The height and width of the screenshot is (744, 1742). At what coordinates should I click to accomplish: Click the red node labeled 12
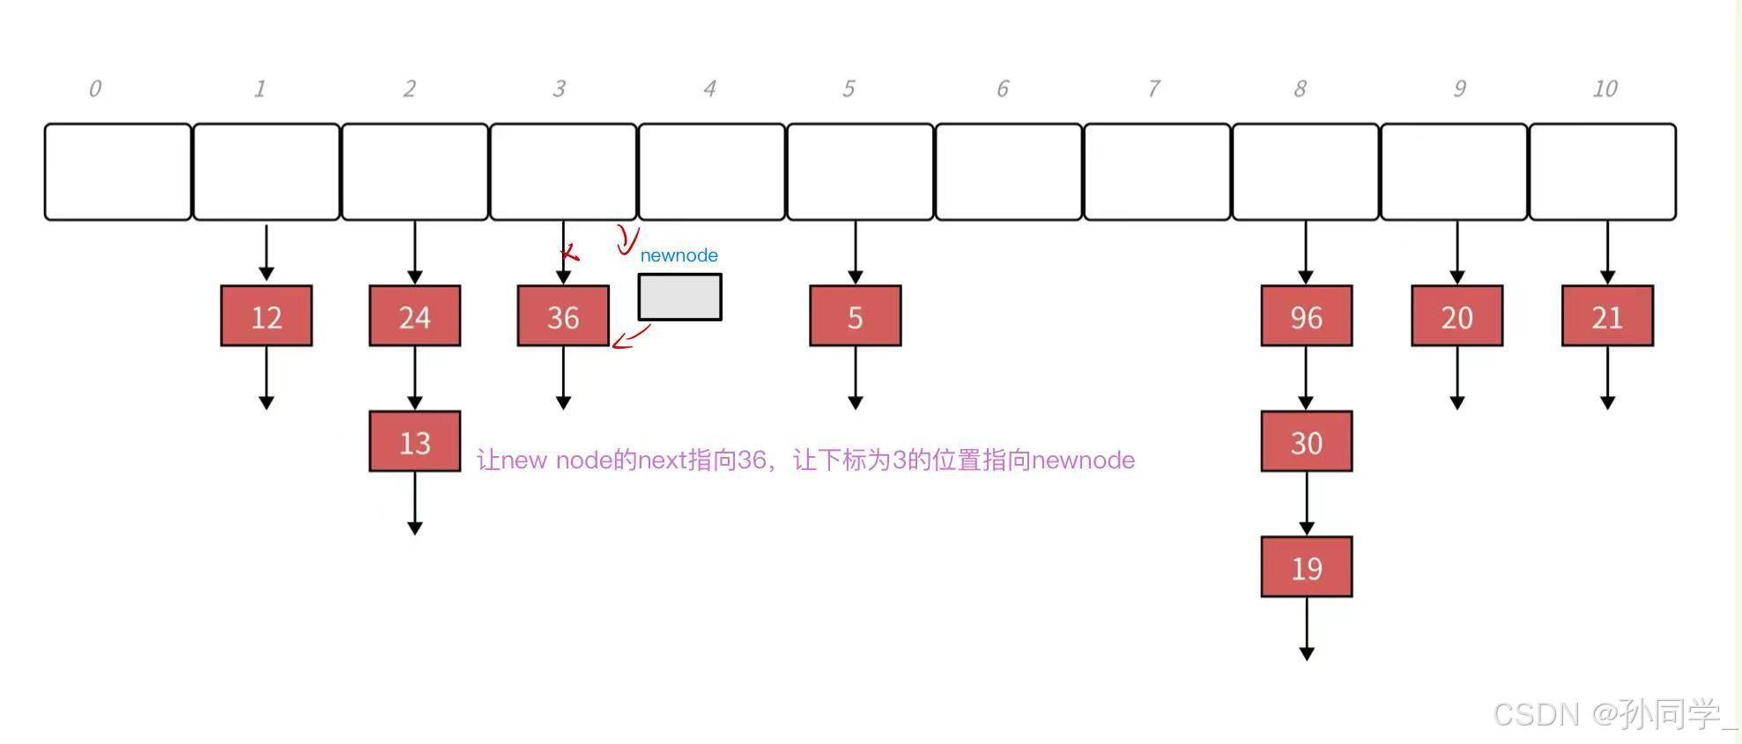click(266, 316)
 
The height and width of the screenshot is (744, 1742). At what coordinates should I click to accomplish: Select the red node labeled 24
click(415, 316)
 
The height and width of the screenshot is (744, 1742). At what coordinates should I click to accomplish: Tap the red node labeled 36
click(563, 316)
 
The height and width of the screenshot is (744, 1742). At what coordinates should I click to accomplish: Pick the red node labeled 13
click(415, 442)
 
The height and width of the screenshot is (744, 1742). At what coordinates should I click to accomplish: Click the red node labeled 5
click(856, 316)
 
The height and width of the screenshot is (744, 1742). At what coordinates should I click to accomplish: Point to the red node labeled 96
click(1307, 316)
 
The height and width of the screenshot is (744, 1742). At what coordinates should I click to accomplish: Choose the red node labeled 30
click(1307, 442)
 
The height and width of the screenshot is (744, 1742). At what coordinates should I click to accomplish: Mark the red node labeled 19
click(1307, 568)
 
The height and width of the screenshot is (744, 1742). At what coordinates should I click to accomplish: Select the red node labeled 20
click(1457, 316)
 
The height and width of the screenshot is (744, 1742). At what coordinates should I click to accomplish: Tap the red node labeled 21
click(1607, 316)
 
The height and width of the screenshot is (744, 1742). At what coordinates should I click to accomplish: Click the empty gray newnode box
click(680, 297)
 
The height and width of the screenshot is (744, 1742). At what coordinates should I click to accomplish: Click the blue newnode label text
click(678, 255)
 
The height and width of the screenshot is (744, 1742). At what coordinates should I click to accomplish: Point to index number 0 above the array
click(95, 89)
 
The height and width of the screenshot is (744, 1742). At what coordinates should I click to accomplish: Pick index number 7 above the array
click(1153, 89)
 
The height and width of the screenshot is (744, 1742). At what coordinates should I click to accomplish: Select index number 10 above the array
click(1605, 89)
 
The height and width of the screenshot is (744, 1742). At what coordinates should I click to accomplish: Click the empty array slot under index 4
click(712, 172)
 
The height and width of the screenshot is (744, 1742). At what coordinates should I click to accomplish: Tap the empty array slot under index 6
click(1009, 172)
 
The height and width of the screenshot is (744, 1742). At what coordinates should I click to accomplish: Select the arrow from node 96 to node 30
click(1307, 379)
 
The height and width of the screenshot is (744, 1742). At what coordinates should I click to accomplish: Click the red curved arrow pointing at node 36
click(630, 337)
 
